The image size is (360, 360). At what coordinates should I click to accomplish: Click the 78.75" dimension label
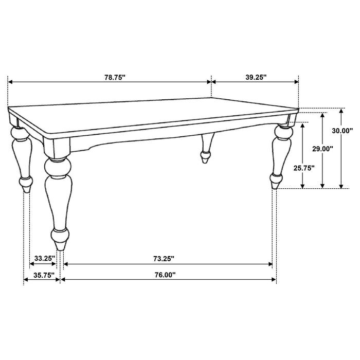[x=114, y=77]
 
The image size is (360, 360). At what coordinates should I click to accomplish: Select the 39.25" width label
[x=255, y=77]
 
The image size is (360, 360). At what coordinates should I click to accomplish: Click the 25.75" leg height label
[x=304, y=167]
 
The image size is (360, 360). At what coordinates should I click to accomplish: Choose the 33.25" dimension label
[x=45, y=258]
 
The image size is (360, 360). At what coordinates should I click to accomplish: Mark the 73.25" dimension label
[x=163, y=258]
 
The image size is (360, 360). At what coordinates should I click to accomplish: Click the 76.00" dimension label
[x=164, y=275]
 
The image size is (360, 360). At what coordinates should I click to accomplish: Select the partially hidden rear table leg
[x=207, y=149]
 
